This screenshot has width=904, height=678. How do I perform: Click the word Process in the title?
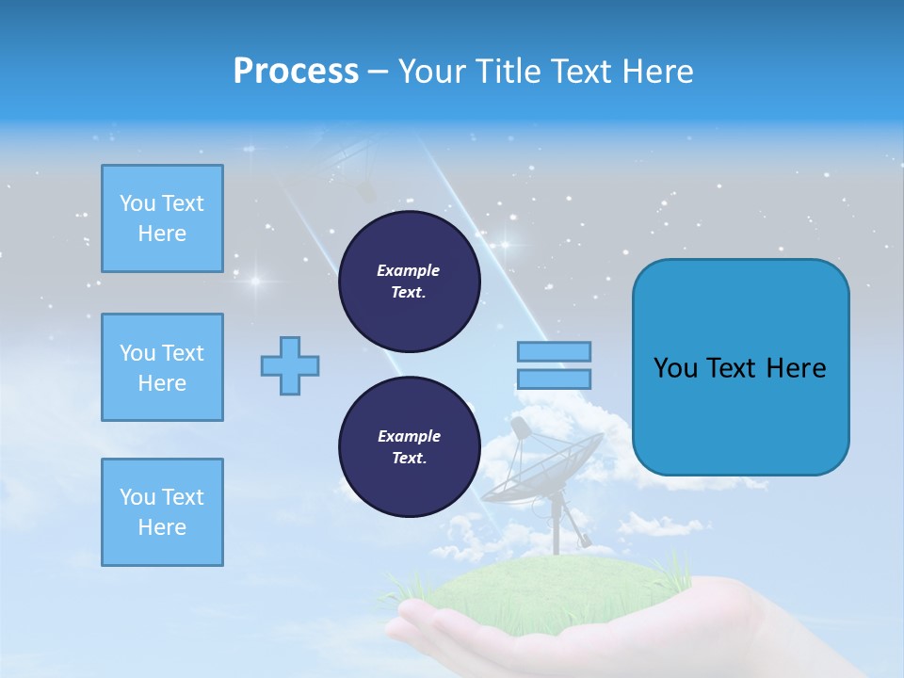coord(296,71)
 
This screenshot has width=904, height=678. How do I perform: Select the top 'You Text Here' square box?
coord(162,218)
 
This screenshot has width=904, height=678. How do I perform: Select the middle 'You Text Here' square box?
coord(162,367)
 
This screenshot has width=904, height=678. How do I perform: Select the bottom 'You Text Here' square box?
coord(162,512)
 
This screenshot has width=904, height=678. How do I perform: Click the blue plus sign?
coord(290,365)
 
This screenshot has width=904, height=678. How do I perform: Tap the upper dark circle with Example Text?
coord(409,282)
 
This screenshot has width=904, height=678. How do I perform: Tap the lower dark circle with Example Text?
coord(409,447)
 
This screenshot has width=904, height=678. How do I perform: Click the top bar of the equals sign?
coord(554,351)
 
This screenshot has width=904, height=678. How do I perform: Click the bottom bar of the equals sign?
coord(554,379)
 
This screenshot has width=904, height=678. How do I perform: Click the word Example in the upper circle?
coord(409,270)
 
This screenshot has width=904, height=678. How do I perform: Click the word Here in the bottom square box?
coord(162,527)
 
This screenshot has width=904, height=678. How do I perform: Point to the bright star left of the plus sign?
coord(253,281)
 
